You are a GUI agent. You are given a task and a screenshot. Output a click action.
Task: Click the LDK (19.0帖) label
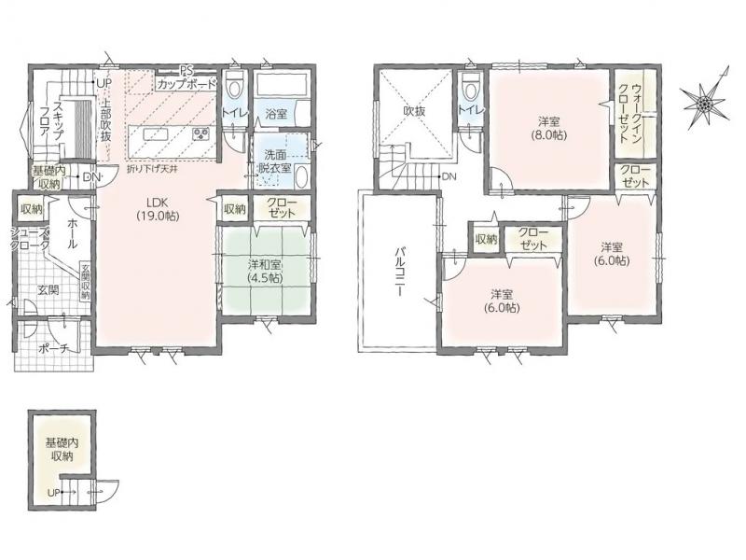click(x=158, y=208)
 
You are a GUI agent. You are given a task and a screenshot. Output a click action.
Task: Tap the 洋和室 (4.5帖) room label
click(x=265, y=271)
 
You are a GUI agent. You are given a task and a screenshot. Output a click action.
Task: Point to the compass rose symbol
click(x=705, y=102)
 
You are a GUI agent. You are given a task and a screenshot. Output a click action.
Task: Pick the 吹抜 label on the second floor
click(x=414, y=111)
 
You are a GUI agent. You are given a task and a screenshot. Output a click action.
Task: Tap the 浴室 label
click(x=276, y=114)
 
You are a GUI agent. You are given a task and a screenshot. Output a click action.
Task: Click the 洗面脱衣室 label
click(x=276, y=161)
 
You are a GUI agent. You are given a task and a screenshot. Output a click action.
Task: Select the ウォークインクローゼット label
click(x=630, y=113)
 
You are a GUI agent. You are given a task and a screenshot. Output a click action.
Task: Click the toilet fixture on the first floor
click(x=234, y=86)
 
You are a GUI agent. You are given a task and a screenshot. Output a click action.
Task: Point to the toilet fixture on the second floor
click(x=471, y=86)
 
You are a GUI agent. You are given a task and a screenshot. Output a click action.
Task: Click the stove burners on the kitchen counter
click(x=200, y=133)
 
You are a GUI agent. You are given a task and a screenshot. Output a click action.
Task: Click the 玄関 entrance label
click(x=48, y=290)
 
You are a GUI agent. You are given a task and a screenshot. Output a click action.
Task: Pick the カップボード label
click(x=186, y=84)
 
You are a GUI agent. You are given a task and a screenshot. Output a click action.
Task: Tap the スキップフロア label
click(x=52, y=120)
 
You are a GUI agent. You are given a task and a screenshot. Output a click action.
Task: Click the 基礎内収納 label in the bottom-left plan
click(x=62, y=449)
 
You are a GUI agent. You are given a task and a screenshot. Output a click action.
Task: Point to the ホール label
click(x=73, y=233)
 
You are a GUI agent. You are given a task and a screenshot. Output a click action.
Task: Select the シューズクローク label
click(x=30, y=240)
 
